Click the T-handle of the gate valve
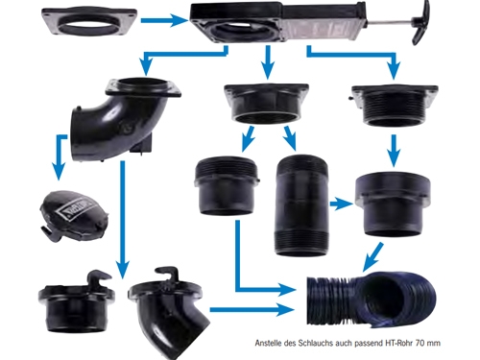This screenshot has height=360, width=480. tap(420, 22)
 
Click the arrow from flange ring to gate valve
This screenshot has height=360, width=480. tap(164, 20)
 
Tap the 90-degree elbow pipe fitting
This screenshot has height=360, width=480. tap(123, 122)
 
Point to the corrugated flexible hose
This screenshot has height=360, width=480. tap(372, 300)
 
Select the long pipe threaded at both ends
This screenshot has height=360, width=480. tap(301, 205)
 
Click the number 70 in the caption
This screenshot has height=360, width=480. tap(420, 343)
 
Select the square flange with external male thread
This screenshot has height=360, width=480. tap(394, 105)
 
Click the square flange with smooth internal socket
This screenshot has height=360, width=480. tap(266, 104)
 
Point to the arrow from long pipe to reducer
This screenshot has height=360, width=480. tap(342, 204)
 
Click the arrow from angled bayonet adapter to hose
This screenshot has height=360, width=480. tap(252, 310)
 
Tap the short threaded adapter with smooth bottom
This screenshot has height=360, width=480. tap(227, 185)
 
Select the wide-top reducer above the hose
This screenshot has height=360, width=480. tap(394, 204)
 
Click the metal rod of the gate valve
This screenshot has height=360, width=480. tap(390, 23)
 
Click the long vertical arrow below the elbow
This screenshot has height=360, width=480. tap(122, 220)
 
